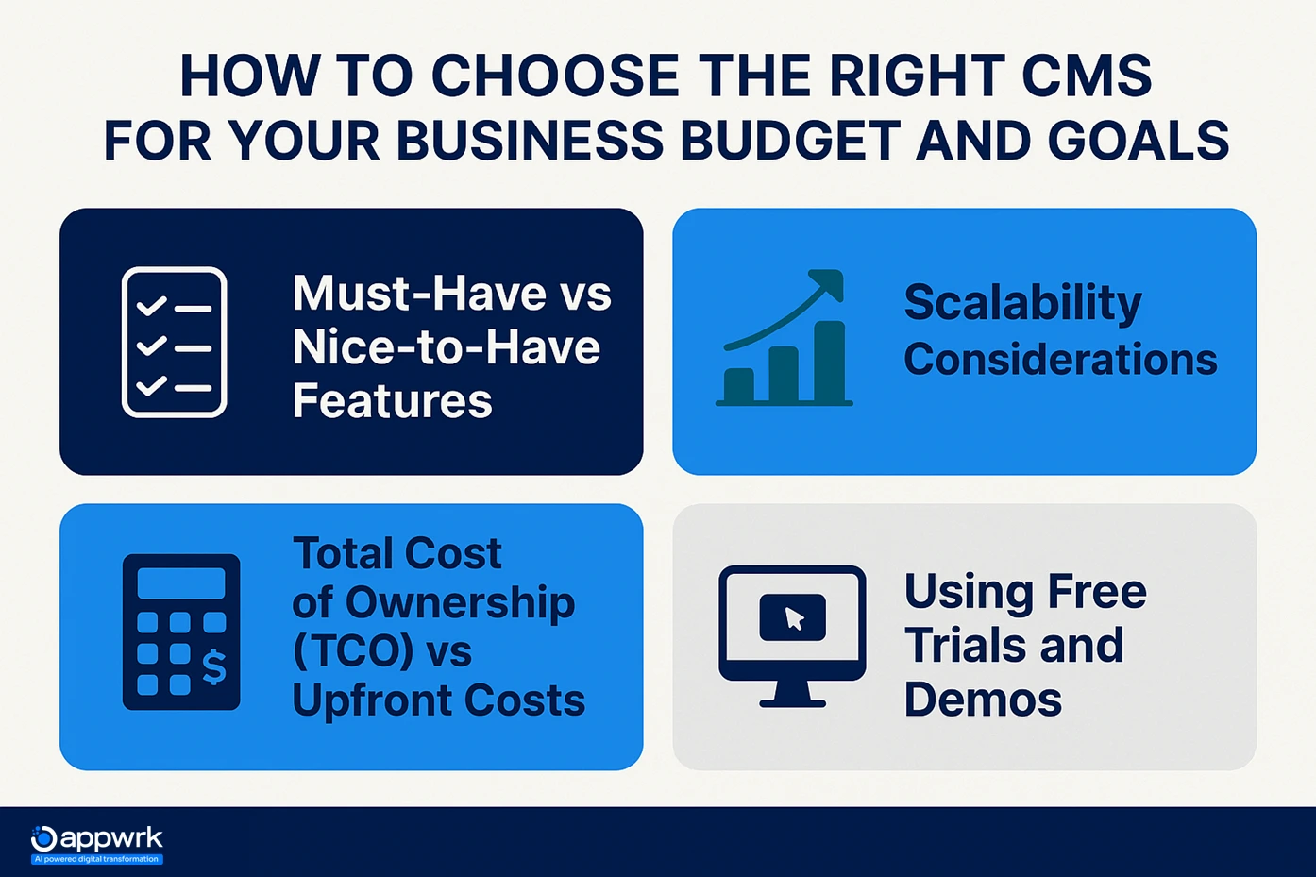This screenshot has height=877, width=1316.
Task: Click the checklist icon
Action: (175, 342)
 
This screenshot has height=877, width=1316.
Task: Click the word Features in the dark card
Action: (392, 401)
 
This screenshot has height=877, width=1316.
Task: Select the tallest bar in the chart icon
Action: (830, 362)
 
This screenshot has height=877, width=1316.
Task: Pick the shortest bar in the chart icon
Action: (738, 384)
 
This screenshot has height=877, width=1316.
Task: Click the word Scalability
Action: (1022, 303)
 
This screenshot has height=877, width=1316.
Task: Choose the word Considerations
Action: (1060, 360)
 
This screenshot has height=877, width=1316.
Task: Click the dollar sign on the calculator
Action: (214, 667)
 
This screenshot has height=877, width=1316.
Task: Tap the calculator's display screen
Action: (181, 583)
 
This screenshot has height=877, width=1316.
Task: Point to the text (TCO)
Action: (346, 652)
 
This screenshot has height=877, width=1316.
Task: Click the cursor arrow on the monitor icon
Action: (794, 619)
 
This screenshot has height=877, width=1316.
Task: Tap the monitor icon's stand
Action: (792, 696)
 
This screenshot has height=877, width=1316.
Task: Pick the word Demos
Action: (983, 700)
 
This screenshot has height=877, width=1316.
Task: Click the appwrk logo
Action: (96, 843)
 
